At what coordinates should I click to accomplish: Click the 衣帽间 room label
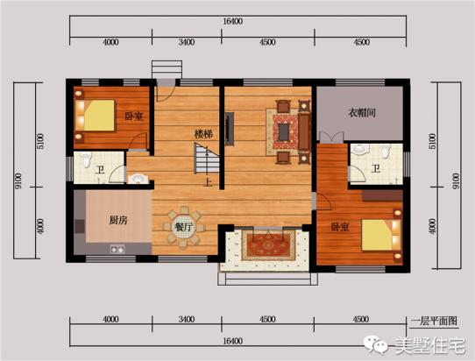[x=362, y=113]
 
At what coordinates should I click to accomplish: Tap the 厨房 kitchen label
[x=118, y=220]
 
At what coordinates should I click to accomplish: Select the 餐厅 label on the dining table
[x=184, y=227]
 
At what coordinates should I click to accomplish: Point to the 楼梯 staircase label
[x=203, y=134]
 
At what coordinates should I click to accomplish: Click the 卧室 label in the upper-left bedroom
[x=134, y=116]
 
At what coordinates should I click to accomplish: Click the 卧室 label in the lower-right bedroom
[x=340, y=227]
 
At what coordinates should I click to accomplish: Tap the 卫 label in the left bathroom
[x=100, y=170]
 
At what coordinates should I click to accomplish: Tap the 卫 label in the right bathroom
[x=376, y=168]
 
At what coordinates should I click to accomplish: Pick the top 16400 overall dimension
[x=232, y=22]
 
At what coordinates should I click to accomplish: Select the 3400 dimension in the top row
[x=187, y=42]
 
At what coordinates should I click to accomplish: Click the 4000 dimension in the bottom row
[x=110, y=319]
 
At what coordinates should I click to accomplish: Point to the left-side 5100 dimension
[x=40, y=141]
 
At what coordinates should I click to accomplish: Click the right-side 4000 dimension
[x=433, y=227]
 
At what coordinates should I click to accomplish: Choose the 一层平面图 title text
[x=434, y=321]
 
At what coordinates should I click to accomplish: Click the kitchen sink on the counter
[x=117, y=249]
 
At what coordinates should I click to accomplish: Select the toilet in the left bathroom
[x=86, y=159]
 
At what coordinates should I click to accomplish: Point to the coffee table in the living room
[x=284, y=131]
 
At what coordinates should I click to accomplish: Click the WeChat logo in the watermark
[x=376, y=344]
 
